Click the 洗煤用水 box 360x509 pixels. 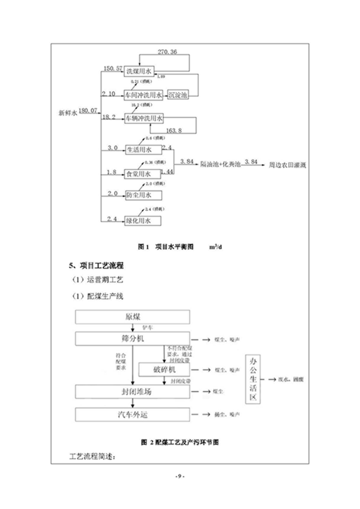coord(140,71)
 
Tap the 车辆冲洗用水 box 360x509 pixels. coord(144,118)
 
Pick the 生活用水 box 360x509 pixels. coord(140,149)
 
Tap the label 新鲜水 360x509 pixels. coord(68,114)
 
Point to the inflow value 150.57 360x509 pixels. coord(112,68)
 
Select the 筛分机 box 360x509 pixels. coord(132,338)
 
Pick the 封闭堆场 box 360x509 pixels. coord(132,391)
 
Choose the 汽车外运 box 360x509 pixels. coord(132,414)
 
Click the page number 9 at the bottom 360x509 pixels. coord(180,475)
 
